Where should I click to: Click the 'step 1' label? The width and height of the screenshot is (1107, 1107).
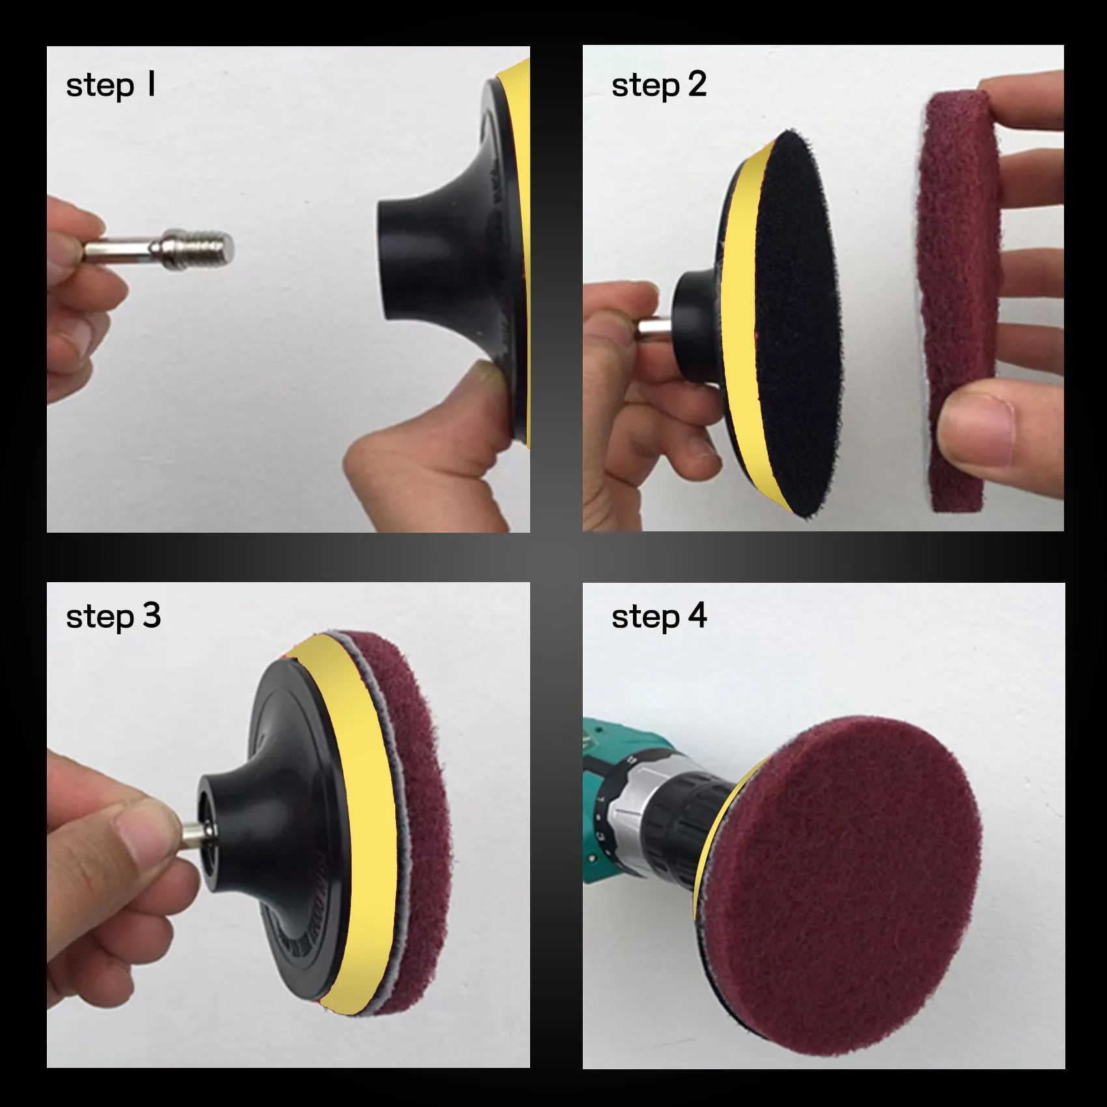point(111,85)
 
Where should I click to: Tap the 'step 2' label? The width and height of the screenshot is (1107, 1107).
point(658,85)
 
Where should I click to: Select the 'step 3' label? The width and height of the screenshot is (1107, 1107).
point(113,616)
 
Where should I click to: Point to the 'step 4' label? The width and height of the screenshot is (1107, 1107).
point(658,616)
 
